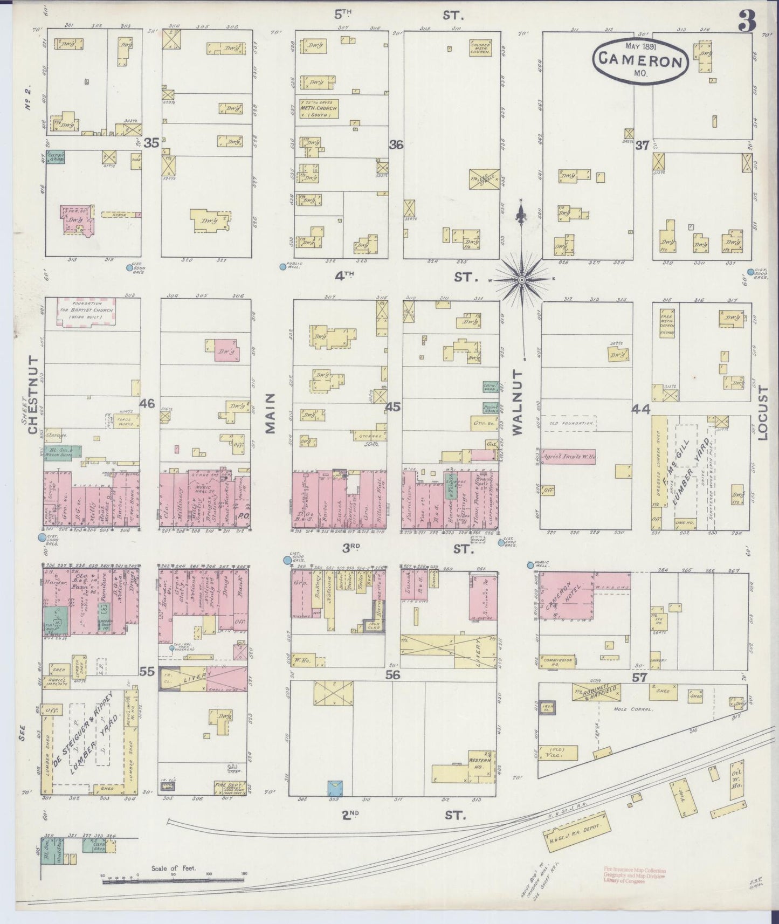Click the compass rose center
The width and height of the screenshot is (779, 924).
click(x=522, y=280)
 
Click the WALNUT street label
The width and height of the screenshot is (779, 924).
click(x=518, y=402)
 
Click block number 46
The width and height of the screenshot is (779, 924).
click(x=147, y=402)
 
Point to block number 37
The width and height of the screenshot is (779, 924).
click(x=642, y=144)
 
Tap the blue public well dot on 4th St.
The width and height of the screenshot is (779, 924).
click(x=282, y=266)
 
